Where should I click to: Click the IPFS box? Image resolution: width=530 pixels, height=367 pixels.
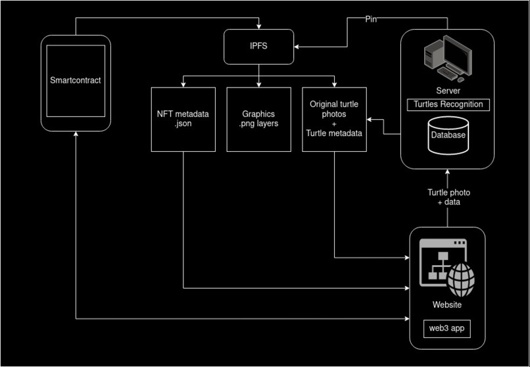(x=259, y=47)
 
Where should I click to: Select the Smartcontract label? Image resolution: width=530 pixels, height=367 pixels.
(x=76, y=81)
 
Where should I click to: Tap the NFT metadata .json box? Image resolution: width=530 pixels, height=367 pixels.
(x=183, y=119)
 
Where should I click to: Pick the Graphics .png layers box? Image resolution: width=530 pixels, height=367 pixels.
(x=258, y=119)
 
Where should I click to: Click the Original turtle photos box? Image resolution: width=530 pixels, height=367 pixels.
(x=334, y=119)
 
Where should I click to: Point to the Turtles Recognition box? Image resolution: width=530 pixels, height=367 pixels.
(x=447, y=105)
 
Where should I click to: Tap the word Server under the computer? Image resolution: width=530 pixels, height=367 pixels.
(x=447, y=91)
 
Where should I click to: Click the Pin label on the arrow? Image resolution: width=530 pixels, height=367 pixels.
(x=371, y=20)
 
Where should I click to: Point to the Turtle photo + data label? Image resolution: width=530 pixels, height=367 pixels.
(x=448, y=197)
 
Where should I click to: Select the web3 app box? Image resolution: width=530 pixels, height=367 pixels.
(x=447, y=328)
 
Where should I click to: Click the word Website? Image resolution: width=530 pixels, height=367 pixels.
(x=447, y=305)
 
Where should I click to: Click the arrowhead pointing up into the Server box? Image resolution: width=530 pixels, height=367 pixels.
(x=448, y=170)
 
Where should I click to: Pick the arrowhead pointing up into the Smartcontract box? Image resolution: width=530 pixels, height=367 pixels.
(x=76, y=134)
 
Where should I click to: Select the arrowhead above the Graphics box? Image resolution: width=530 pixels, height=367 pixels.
(x=259, y=84)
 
